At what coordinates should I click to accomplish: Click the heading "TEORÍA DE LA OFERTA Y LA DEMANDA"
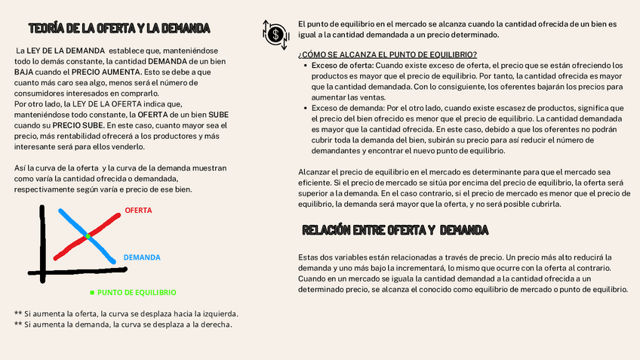click(119, 29)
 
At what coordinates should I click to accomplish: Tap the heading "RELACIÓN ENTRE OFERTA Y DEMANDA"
click(395, 229)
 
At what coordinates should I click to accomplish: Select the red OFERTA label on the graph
click(138, 210)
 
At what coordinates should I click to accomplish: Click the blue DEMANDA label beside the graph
click(142, 257)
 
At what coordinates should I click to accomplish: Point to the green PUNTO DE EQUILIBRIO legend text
click(137, 291)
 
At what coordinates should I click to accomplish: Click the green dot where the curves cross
click(88, 237)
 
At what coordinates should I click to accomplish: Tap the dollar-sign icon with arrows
click(276, 32)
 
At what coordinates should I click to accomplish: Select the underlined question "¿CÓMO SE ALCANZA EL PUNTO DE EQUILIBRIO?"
click(387, 54)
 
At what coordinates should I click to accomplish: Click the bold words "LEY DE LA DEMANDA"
click(60, 51)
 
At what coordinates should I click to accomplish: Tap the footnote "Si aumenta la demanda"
click(122, 325)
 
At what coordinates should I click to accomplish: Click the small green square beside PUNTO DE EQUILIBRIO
click(92, 291)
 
